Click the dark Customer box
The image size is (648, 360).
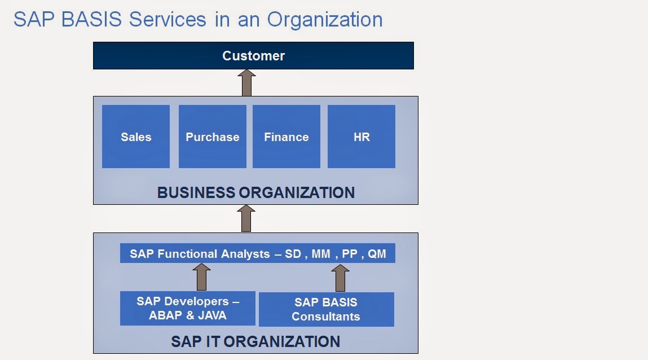(x=253, y=55)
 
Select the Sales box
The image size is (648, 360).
(x=136, y=137)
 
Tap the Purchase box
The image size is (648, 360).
(x=213, y=137)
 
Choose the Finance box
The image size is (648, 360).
(x=286, y=137)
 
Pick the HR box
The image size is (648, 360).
(x=362, y=137)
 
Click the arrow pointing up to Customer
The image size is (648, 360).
(x=246, y=82)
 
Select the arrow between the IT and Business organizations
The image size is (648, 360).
(x=246, y=218)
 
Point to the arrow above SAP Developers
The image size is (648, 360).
(x=202, y=277)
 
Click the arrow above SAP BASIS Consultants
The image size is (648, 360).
(x=341, y=278)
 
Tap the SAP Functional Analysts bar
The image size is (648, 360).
(x=258, y=253)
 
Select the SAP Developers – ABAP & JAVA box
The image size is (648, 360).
(x=188, y=308)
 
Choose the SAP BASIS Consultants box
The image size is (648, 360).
(x=327, y=310)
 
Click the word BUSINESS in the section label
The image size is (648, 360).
(x=196, y=192)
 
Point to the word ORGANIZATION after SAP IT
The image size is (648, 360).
(x=282, y=342)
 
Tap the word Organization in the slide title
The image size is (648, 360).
(x=325, y=20)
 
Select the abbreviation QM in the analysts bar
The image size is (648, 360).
(x=377, y=254)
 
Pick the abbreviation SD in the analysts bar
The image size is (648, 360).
(x=293, y=254)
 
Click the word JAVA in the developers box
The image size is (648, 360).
(x=212, y=315)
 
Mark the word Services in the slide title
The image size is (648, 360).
(x=167, y=19)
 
